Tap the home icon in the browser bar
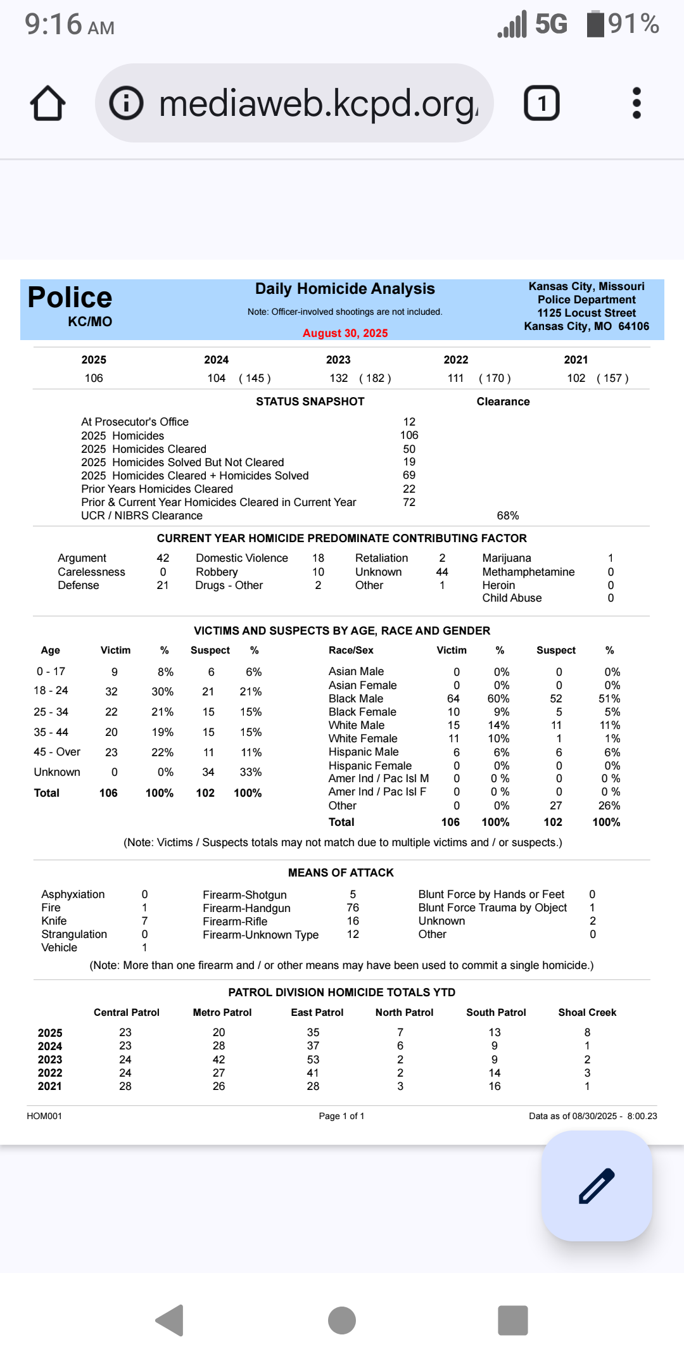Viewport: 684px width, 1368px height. pyautogui.click(x=47, y=103)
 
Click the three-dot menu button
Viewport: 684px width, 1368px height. pyautogui.click(x=636, y=103)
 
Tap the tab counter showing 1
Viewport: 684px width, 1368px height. pyautogui.click(x=541, y=103)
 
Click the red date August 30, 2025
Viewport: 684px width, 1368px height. pyautogui.click(x=345, y=333)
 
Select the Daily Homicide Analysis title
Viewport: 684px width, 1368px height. pyautogui.click(x=345, y=289)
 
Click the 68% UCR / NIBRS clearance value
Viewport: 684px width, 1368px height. pyautogui.click(x=508, y=516)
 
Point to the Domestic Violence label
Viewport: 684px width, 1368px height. pyautogui.click(x=242, y=558)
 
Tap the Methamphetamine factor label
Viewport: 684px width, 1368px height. pyautogui.click(x=528, y=572)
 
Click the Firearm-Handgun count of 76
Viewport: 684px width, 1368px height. pyautogui.click(x=353, y=908)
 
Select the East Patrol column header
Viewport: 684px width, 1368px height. pyautogui.click(x=317, y=1012)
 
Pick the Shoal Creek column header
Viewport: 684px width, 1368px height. pyautogui.click(x=587, y=1012)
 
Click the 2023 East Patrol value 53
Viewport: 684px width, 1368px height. pyautogui.click(x=313, y=1060)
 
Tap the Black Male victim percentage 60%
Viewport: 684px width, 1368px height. pyautogui.click(x=498, y=699)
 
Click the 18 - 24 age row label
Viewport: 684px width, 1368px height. pyautogui.click(x=51, y=690)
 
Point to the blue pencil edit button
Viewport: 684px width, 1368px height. pyautogui.click(x=597, y=1186)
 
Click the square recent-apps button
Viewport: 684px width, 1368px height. pyautogui.click(x=513, y=1320)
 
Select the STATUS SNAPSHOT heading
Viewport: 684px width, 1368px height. pyautogui.click(x=310, y=402)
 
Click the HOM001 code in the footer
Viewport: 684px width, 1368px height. pyautogui.click(x=44, y=1116)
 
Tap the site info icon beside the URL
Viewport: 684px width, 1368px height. pyautogui.click(x=127, y=103)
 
